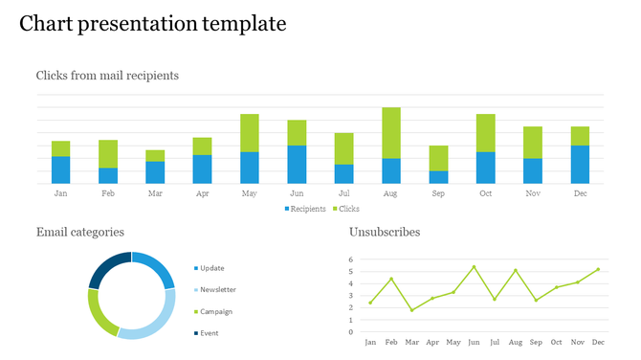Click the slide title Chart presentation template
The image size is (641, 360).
(x=153, y=24)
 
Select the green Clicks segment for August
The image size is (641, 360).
(x=390, y=132)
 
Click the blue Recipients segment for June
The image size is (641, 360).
(x=297, y=164)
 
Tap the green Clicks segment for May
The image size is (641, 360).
(x=250, y=132)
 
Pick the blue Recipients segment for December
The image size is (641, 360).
(x=580, y=164)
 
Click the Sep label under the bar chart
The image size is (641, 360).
(x=438, y=193)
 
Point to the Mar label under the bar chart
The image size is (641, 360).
(x=155, y=193)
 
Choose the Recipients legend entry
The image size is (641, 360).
(x=304, y=209)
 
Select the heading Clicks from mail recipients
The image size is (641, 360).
(x=107, y=75)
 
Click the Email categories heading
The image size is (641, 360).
(x=79, y=232)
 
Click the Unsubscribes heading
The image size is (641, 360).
(x=385, y=232)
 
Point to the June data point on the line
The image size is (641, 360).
(x=474, y=267)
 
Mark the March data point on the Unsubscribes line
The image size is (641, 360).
(x=411, y=310)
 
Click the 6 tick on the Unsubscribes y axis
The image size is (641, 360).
(x=351, y=259)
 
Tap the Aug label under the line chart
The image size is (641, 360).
(x=516, y=342)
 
